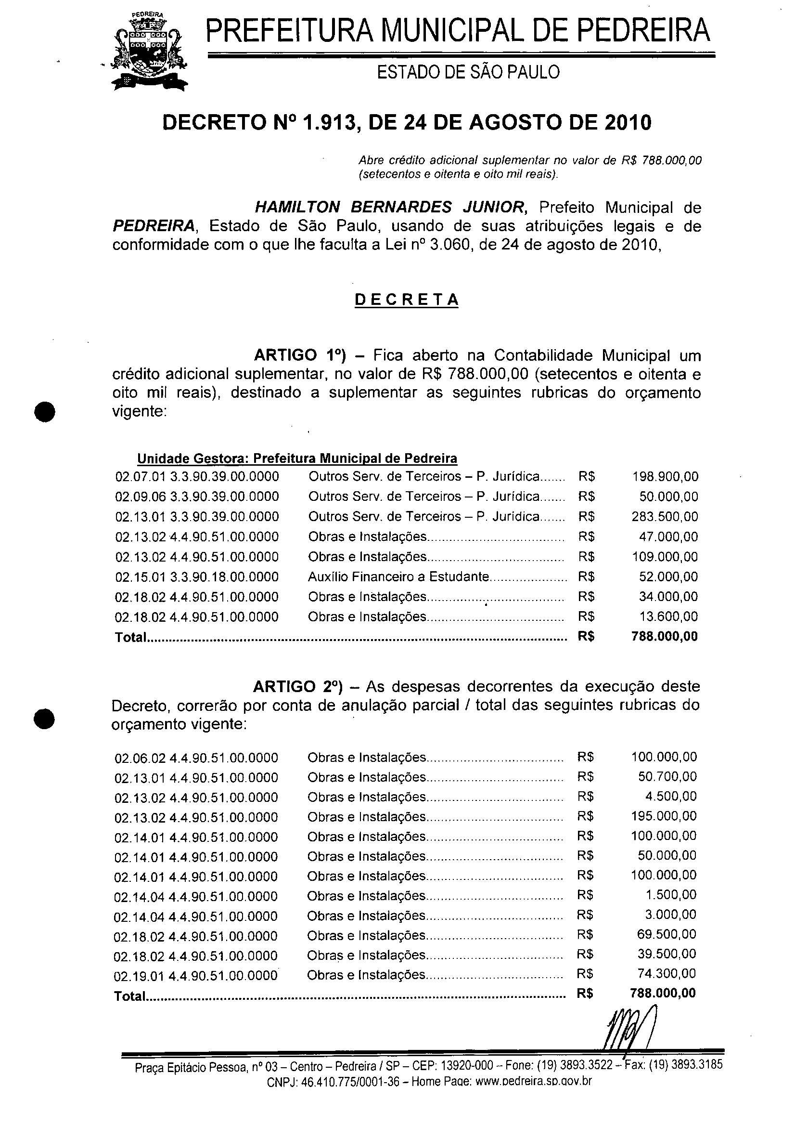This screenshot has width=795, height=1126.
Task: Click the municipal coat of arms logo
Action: (x=150, y=52)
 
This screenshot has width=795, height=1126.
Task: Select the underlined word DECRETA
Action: (x=406, y=300)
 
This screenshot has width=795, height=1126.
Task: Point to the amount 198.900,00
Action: (x=665, y=476)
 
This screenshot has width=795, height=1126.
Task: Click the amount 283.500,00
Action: (x=665, y=516)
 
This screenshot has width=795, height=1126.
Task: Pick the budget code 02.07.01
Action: (x=140, y=476)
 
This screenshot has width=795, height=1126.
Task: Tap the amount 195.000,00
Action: (x=664, y=816)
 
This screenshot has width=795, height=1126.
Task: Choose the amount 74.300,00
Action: (x=667, y=973)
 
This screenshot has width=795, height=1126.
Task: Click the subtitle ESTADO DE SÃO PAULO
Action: (x=468, y=73)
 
